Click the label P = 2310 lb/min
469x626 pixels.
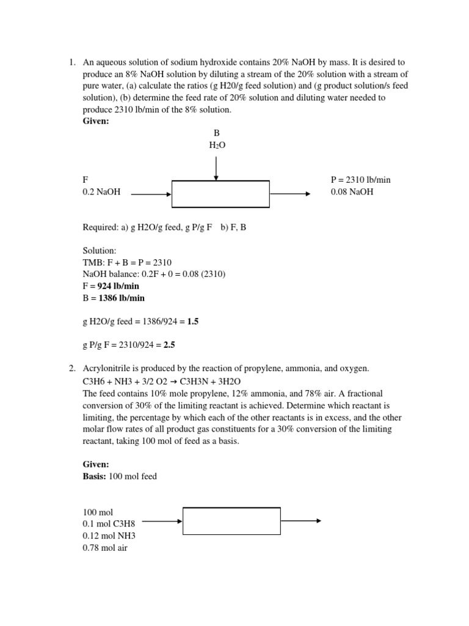coord(360,180)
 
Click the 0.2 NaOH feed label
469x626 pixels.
coord(101,192)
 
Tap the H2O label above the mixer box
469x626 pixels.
coord(216,145)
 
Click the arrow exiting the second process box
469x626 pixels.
coord(300,521)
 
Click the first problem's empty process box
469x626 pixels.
coord(220,194)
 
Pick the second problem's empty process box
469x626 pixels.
coord(232,521)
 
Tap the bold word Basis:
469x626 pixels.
coord(95,476)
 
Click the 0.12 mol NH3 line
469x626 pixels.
coord(109,536)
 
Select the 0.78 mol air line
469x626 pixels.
coord(105,548)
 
